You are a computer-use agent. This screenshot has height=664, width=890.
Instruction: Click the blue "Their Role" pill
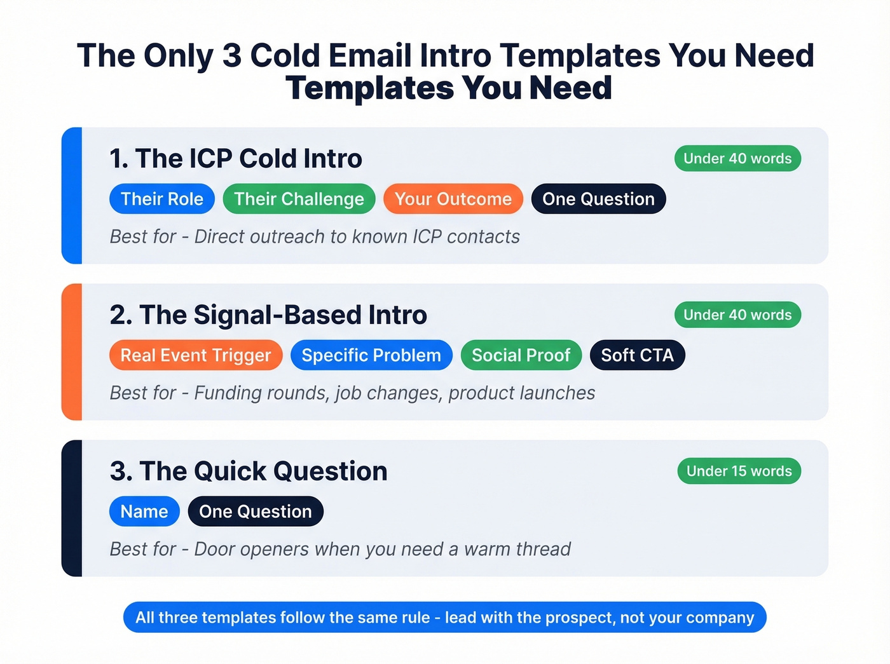click(162, 199)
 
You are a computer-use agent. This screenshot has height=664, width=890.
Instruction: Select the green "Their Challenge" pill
click(299, 199)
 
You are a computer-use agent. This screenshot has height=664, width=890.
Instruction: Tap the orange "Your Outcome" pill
click(453, 199)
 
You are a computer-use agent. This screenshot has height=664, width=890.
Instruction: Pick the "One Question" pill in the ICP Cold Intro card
click(598, 199)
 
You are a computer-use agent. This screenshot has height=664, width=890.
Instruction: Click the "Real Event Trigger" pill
click(196, 355)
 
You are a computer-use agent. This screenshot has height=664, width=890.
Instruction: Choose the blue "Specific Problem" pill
click(371, 355)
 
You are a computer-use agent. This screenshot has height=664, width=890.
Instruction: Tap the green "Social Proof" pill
click(521, 355)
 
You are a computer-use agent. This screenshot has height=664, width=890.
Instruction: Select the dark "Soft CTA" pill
click(637, 355)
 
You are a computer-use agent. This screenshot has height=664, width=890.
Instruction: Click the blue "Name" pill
click(144, 512)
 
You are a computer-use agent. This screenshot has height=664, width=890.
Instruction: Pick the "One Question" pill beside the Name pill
click(256, 512)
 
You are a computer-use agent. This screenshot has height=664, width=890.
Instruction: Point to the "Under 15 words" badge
click(739, 471)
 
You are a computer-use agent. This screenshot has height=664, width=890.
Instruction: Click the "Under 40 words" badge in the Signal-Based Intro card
click(737, 315)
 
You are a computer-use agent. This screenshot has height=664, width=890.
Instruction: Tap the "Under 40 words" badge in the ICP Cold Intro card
click(737, 158)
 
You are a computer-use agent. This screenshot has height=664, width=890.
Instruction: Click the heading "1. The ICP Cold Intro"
click(236, 159)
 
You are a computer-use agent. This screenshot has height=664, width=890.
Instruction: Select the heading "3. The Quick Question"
click(249, 471)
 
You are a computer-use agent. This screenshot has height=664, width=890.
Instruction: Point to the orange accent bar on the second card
click(72, 352)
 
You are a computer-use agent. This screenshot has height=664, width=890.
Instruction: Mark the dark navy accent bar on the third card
click(72, 508)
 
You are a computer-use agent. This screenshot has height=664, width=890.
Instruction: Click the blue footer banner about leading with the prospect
click(445, 617)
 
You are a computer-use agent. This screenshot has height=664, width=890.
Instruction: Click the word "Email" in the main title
click(370, 56)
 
